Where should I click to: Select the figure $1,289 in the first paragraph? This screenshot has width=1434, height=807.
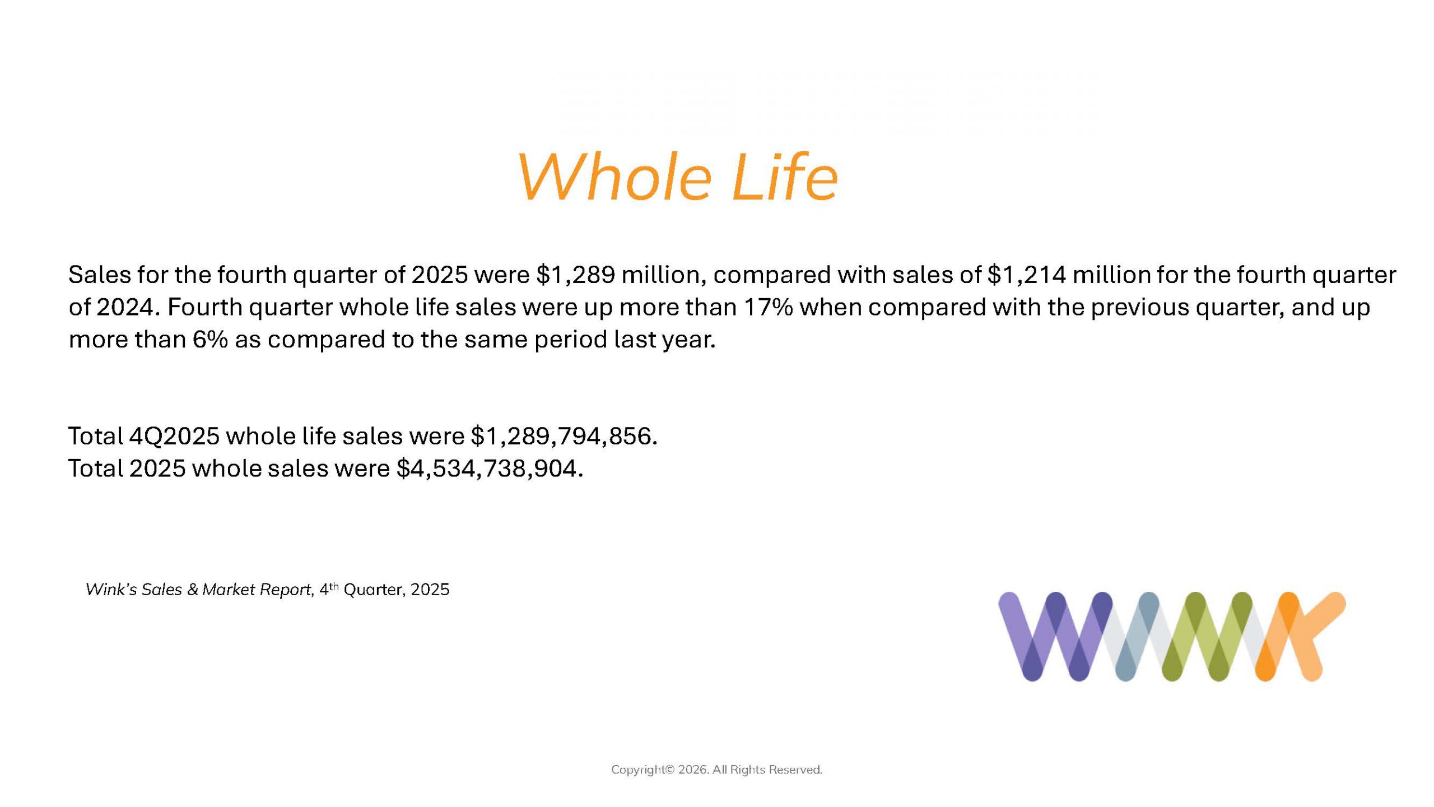pyautogui.click(x=576, y=275)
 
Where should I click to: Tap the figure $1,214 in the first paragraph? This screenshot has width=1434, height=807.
pyautogui.click(x=1027, y=275)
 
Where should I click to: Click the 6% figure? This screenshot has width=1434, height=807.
pyautogui.click(x=211, y=340)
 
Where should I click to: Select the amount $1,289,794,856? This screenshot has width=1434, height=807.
pyautogui.click(x=564, y=436)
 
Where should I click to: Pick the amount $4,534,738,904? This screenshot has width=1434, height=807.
pyautogui.click(x=490, y=469)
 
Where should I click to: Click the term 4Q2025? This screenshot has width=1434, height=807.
pyautogui.click(x=174, y=436)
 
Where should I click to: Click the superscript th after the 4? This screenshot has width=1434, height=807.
pyautogui.click(x=334, y=586)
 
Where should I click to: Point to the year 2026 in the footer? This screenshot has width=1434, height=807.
pyautogui.click(x=694, y=770)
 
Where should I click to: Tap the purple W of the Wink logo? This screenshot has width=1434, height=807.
pyautogui.click(x=1056, y=637)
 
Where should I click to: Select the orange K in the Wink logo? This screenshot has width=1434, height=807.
pyautogui.click(x=1300, y=637)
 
